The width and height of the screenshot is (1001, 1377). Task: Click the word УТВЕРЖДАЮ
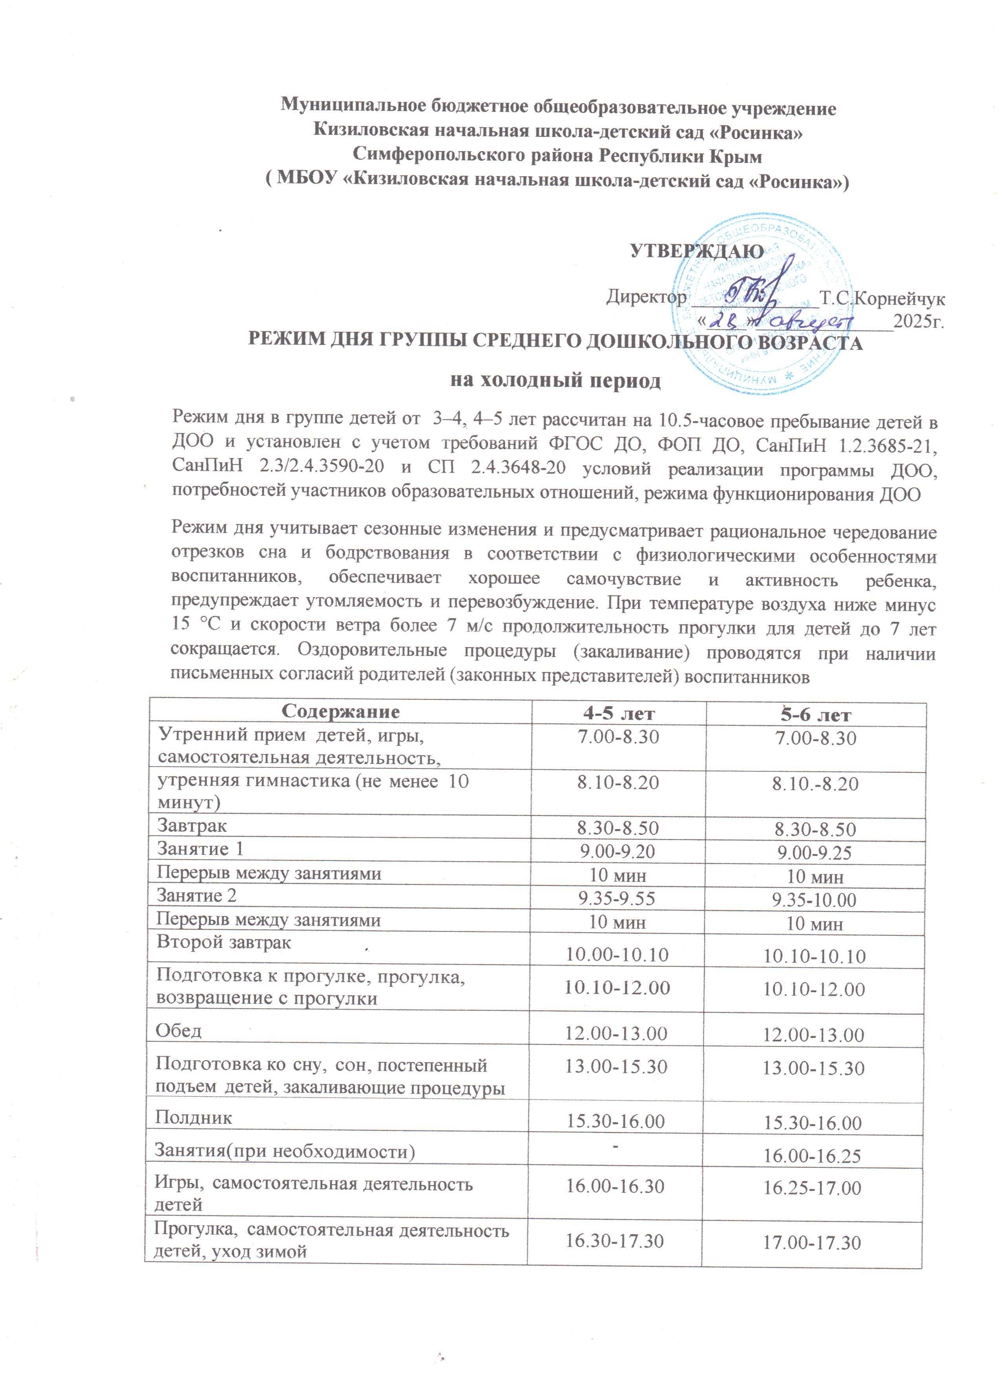click(697, 251)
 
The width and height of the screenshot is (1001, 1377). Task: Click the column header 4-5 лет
click(618, 713)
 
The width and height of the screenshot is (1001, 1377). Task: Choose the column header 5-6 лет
click(816, 715)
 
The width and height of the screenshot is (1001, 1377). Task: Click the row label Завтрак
click(192, 826)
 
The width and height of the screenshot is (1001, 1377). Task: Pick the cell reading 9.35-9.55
click(617, 898)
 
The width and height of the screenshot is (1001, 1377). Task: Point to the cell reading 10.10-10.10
click(814, 956)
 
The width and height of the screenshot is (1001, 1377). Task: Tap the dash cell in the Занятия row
click(616, 1146)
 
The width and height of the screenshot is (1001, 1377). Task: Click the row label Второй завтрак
click(224, 942)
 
